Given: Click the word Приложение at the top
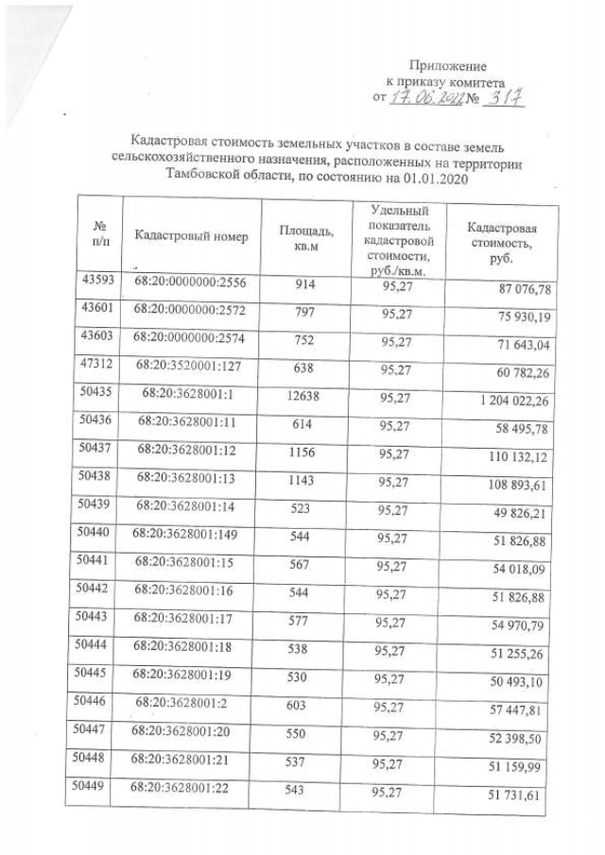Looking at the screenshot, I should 447,66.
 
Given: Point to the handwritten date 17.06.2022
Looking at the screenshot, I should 425,97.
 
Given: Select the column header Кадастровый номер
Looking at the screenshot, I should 191,236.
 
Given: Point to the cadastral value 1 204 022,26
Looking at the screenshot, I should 509,402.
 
